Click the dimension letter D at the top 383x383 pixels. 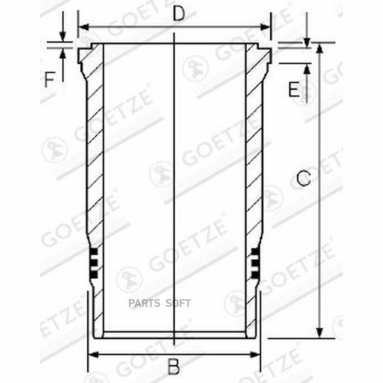pos(179,14)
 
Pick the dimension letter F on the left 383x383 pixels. pos(50,80)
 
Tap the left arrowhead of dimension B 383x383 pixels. pos(91,354)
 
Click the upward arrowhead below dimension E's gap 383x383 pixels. pos(306,67)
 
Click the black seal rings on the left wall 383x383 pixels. pos(94,264)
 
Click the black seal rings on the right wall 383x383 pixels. pos(254,264)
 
